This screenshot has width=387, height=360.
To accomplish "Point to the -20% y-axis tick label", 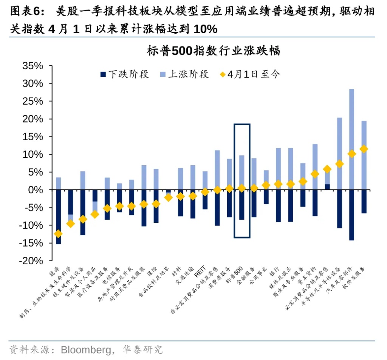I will [x=32, y=261].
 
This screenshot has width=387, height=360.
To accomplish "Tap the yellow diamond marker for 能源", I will [x=58, y=234].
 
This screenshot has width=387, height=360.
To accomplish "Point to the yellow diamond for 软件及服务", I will [x=364, y=149].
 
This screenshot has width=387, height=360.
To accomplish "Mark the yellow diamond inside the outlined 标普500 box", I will [x=241, y=188].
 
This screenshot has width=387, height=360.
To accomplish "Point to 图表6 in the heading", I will [x=25, y=12].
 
